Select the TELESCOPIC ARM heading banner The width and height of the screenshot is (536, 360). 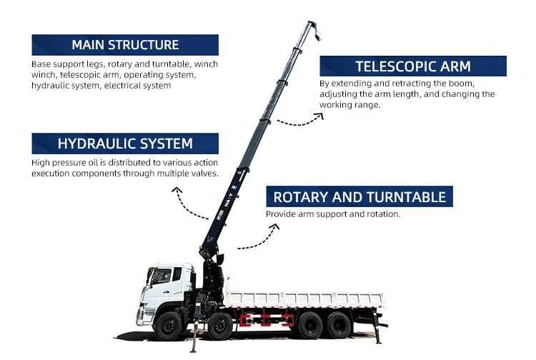(x=412, y=66)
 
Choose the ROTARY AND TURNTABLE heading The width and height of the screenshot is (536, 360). (x=359, y=197)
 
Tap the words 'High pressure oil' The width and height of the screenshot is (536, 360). (x=61, y=162)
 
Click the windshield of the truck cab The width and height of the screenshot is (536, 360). (x=160, y=276)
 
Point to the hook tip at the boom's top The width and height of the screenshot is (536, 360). (x=317, y=32)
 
